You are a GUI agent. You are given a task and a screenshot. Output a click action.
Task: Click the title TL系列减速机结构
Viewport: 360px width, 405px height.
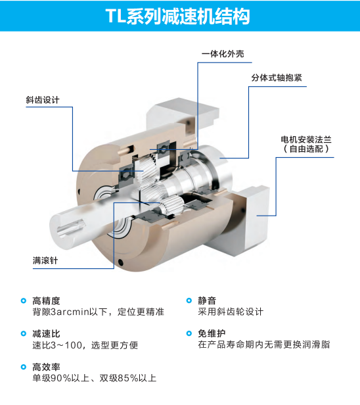click(177, 16)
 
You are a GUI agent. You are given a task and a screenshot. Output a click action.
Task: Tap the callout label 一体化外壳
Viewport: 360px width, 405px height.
click(223, 54)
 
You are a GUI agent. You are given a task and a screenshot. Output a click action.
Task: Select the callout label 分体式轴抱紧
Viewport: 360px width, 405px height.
click(277, 78)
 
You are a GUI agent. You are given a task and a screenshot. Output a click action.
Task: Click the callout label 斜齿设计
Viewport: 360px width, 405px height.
click(43, 100)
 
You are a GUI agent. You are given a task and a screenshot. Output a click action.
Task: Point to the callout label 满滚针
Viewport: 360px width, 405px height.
click(45, 260)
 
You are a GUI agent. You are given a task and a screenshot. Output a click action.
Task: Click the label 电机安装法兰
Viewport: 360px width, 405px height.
click(306, 140)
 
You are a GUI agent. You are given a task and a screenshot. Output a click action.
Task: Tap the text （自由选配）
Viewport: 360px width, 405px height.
click(306, 149)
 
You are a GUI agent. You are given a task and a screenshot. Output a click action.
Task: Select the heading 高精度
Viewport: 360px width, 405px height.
click(46, 300)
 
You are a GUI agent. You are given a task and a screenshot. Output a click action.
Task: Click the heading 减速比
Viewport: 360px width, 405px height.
click(46, 334)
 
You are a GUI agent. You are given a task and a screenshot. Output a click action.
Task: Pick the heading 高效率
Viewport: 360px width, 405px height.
click(46, 367)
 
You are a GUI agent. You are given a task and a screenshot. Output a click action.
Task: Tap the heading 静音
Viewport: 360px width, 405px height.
click(207, 300)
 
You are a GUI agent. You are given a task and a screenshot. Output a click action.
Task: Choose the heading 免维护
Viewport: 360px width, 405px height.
click(212, 334)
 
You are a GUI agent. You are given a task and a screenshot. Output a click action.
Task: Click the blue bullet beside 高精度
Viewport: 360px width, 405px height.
click(24, 300)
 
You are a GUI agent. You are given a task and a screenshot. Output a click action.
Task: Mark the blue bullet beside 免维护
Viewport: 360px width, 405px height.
click(189, 333)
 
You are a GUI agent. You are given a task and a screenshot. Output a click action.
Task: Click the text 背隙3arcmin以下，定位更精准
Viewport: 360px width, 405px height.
click(99, 312)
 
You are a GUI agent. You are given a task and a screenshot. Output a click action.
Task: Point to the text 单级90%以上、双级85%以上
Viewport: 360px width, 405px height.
click(95, 378)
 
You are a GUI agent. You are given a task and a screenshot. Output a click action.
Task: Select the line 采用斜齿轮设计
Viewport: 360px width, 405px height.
click(231, 312)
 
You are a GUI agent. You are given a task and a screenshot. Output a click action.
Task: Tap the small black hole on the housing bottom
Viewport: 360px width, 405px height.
click(121, 263)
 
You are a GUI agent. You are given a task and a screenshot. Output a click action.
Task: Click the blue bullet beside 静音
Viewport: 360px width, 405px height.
click(189, 300)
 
